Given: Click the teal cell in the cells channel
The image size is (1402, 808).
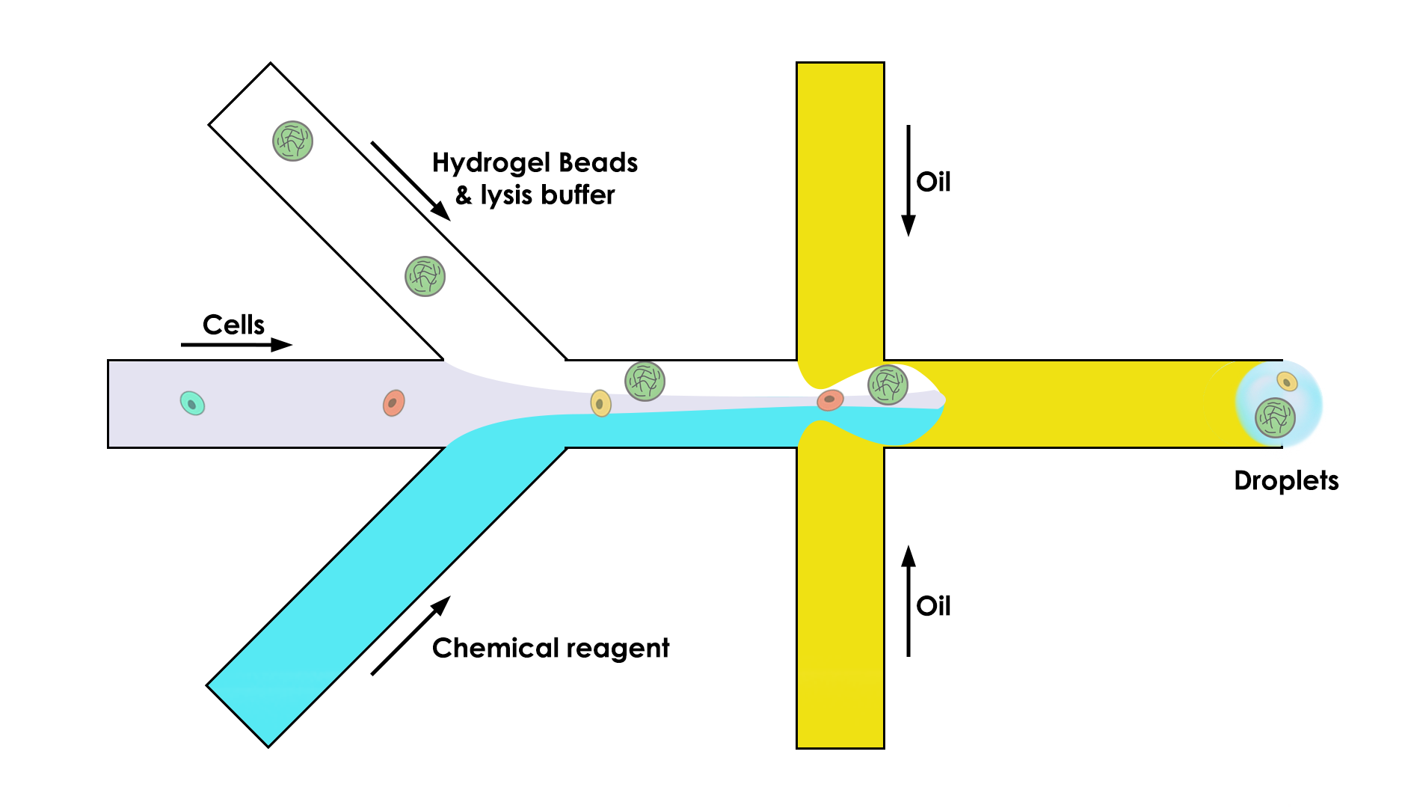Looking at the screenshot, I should click(x=192, y=403).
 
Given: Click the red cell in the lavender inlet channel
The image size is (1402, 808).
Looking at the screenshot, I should click(x=394, y=403).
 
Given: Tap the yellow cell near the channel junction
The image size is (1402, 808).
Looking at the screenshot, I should click(x=600, y=403).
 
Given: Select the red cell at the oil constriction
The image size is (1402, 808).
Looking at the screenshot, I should click(x=830, y=400).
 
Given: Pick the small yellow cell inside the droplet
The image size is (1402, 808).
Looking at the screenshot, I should click(x=1287, y=382).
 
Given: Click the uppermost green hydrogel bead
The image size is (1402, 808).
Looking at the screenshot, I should click(x=292, y=141).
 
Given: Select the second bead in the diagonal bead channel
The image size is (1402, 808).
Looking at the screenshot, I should click(x=425, y=276).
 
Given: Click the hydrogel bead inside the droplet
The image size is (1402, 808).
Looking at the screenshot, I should click(x=1275, y=417).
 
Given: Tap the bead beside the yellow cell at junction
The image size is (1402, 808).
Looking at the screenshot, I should click(x=645, y=381).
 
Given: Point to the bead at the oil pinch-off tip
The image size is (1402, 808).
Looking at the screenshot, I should click(x=888, y=384).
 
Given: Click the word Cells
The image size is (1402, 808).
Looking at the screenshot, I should click(x=233, y=325).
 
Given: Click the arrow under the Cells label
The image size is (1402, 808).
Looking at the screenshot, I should click(x=236, y=345).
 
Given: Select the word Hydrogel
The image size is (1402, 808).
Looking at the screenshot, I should click(x=491, y=163).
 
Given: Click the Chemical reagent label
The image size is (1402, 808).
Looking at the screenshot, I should click(x=550, y=648).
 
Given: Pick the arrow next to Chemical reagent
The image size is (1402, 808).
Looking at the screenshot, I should click(x=411, y=636).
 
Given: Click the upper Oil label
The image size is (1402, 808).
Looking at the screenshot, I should click(x=933, y=182).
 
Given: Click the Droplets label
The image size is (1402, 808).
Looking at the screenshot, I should click(x=1286, y=480).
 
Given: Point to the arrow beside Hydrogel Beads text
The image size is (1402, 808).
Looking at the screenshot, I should click(x=411, y=180).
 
